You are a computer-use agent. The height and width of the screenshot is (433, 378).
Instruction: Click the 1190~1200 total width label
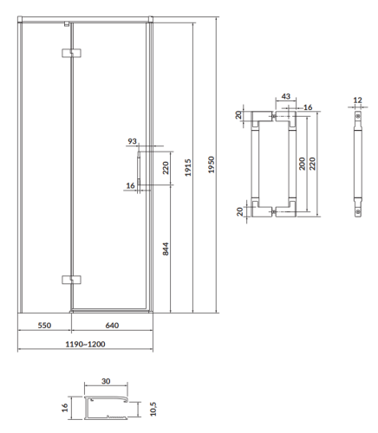85,344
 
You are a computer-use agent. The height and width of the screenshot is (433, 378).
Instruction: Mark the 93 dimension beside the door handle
132,141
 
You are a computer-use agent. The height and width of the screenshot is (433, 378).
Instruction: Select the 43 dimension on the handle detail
285,97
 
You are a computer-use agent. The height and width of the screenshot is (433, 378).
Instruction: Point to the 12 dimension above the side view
358,99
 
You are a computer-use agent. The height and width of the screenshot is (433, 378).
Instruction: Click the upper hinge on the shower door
70,55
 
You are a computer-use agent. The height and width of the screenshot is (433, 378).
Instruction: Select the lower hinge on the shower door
70,279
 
